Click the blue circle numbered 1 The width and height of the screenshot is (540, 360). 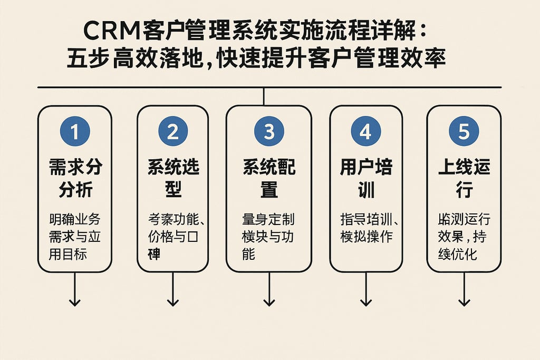pyautogui.click(x=74, y=131)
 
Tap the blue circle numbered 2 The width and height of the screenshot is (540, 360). pyautogui.click(x=172, y=131)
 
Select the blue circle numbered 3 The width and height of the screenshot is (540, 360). pyautogui.click(x=269, y=131)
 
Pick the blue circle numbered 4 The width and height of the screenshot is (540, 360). pyautogui.click(x=365, y=131)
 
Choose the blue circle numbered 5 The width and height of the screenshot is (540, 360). pyautogui.click(x=464, y=131)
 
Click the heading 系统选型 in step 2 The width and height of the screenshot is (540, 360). pyautogui.click(x=173, y=179)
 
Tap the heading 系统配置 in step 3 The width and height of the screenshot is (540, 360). pyautogui.click(x=269, y=179)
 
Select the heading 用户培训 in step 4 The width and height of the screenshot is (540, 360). pyautogui.click(x=366, y=179)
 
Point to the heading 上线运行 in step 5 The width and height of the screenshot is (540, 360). pyautogui.click(x=464, y=179)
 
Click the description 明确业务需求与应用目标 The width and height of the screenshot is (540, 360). pyautogui.click(x=74, y=236)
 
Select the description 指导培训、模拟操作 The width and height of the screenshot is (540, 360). pyautogui.click(x=366, y=227)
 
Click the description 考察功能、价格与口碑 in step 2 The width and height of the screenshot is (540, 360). pyautogui.click(x=172, y=236)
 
